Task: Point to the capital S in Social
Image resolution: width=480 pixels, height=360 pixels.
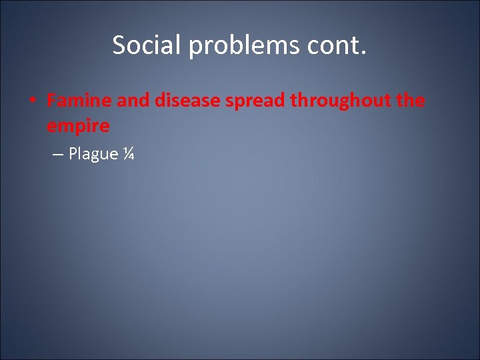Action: [119, 45]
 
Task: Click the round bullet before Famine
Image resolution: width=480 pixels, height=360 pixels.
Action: [32, 101]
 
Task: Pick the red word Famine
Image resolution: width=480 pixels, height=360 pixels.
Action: [79, 101]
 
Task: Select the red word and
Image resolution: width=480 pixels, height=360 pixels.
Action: [133, 101]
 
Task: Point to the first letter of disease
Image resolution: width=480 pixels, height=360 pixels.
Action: [160, 101]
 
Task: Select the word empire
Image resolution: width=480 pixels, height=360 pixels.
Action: [78, 125]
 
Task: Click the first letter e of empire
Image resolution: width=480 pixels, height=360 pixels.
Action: [52, 125]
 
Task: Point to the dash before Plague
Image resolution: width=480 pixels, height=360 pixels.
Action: [57, 154]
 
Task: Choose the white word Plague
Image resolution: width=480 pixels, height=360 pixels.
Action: [93, 154]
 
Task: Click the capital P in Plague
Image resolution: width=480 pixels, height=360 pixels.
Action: [73, 153]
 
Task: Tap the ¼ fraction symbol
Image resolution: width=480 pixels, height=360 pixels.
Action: [129, 153]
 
